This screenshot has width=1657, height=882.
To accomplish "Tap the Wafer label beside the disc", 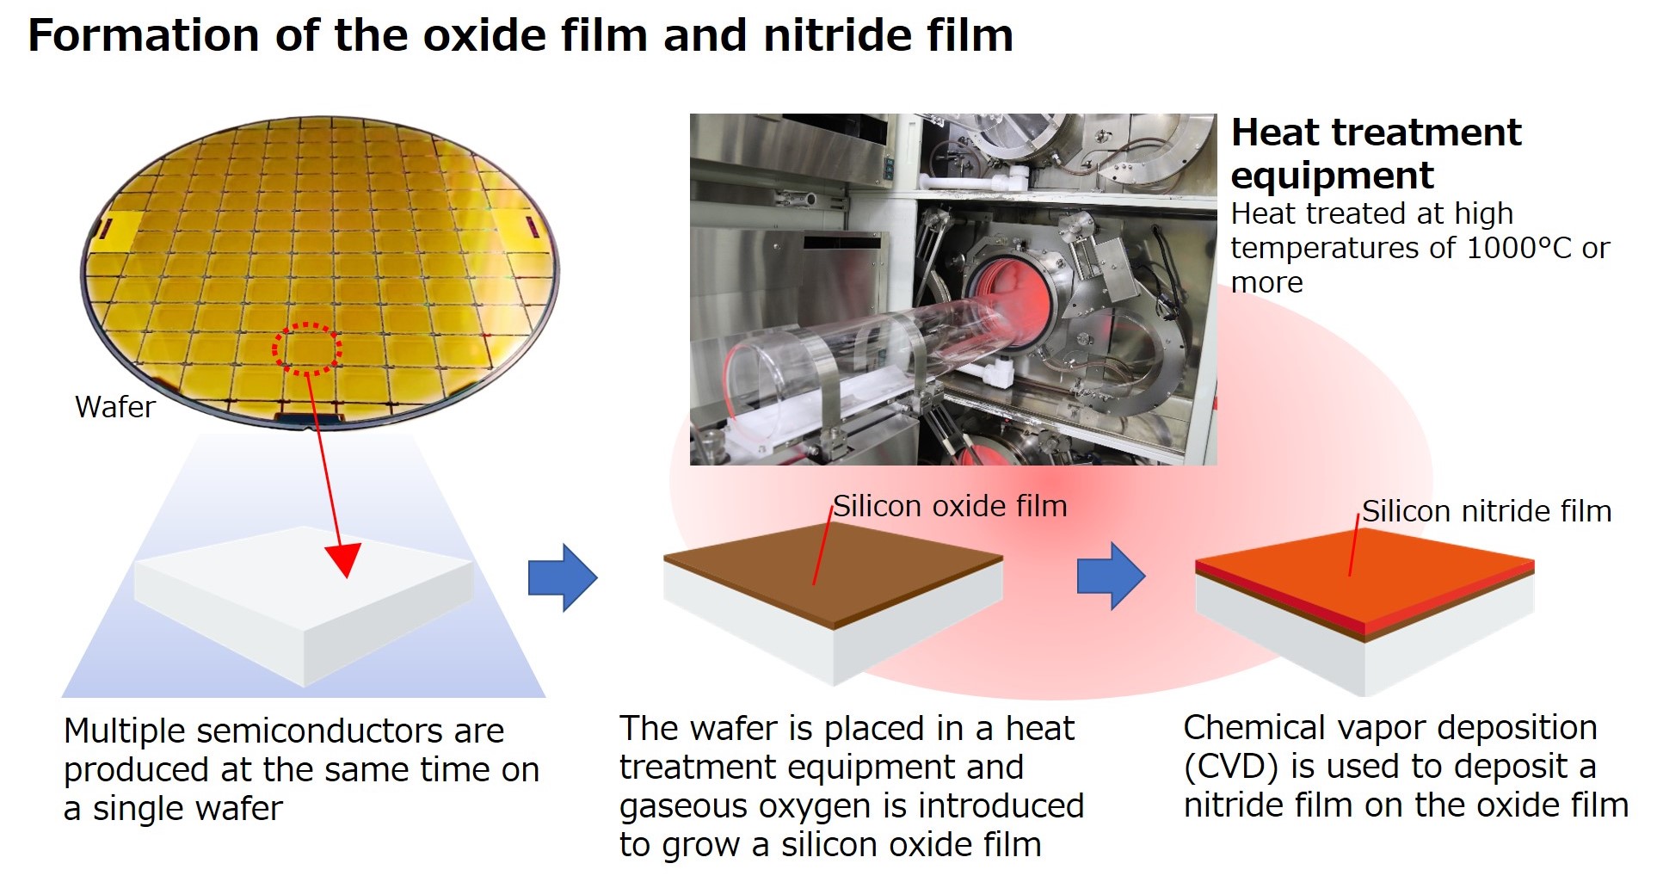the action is tap(115, 406).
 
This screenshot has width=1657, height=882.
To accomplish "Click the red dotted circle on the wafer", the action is tap(307, 349).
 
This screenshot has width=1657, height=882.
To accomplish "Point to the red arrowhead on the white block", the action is tap(345, 560).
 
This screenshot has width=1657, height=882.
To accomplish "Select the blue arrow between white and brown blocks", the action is tap(563, 577).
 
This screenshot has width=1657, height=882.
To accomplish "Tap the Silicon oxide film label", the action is tap(950, 506).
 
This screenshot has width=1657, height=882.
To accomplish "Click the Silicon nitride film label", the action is tap(1487, 511).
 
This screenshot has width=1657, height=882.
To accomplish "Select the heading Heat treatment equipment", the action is tap(1377, 153).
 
